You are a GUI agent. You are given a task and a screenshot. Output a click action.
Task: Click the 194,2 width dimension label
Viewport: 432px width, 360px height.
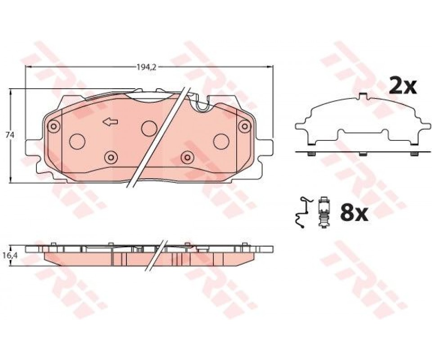pos(147,67)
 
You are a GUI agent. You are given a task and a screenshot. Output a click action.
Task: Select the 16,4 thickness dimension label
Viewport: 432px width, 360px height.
pos(10,255)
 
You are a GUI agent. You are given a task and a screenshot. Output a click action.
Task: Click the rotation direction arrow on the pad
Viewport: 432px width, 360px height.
pos(111,122)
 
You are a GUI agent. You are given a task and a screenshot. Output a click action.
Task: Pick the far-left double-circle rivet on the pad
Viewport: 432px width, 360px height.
pos(54,127)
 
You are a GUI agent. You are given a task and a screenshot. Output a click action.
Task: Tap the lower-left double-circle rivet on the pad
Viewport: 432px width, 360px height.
pos(111,157)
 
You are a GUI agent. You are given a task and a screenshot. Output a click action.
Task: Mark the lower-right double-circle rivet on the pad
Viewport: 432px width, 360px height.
pos(187,157)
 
